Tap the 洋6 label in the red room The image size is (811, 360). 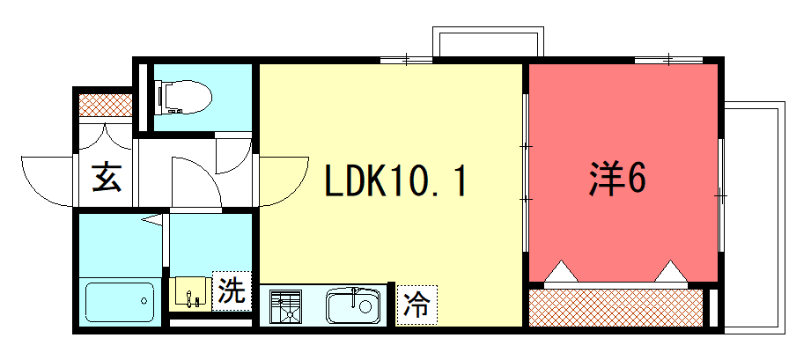tap(617, 180)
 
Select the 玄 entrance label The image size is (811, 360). tap(107, 178)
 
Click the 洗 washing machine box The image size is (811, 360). tap(232, 291)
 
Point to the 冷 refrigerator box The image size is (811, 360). tap(417, 305)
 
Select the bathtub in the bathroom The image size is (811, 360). tap(120, 302)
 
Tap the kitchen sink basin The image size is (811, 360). tap(353, 305)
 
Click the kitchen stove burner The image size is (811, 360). tap(285, 306)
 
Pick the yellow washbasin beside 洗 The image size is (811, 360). tap(190, 294)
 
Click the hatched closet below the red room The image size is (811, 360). tap(616, 308)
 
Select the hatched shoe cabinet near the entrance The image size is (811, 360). tap(105, 105)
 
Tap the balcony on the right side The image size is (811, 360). tap(755, 217)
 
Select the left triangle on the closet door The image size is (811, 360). tap(561, 272)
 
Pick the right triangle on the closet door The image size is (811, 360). tap(671, 272)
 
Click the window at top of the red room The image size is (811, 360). tap(668, 60)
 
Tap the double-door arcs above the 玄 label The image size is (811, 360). tap(106, 136)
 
